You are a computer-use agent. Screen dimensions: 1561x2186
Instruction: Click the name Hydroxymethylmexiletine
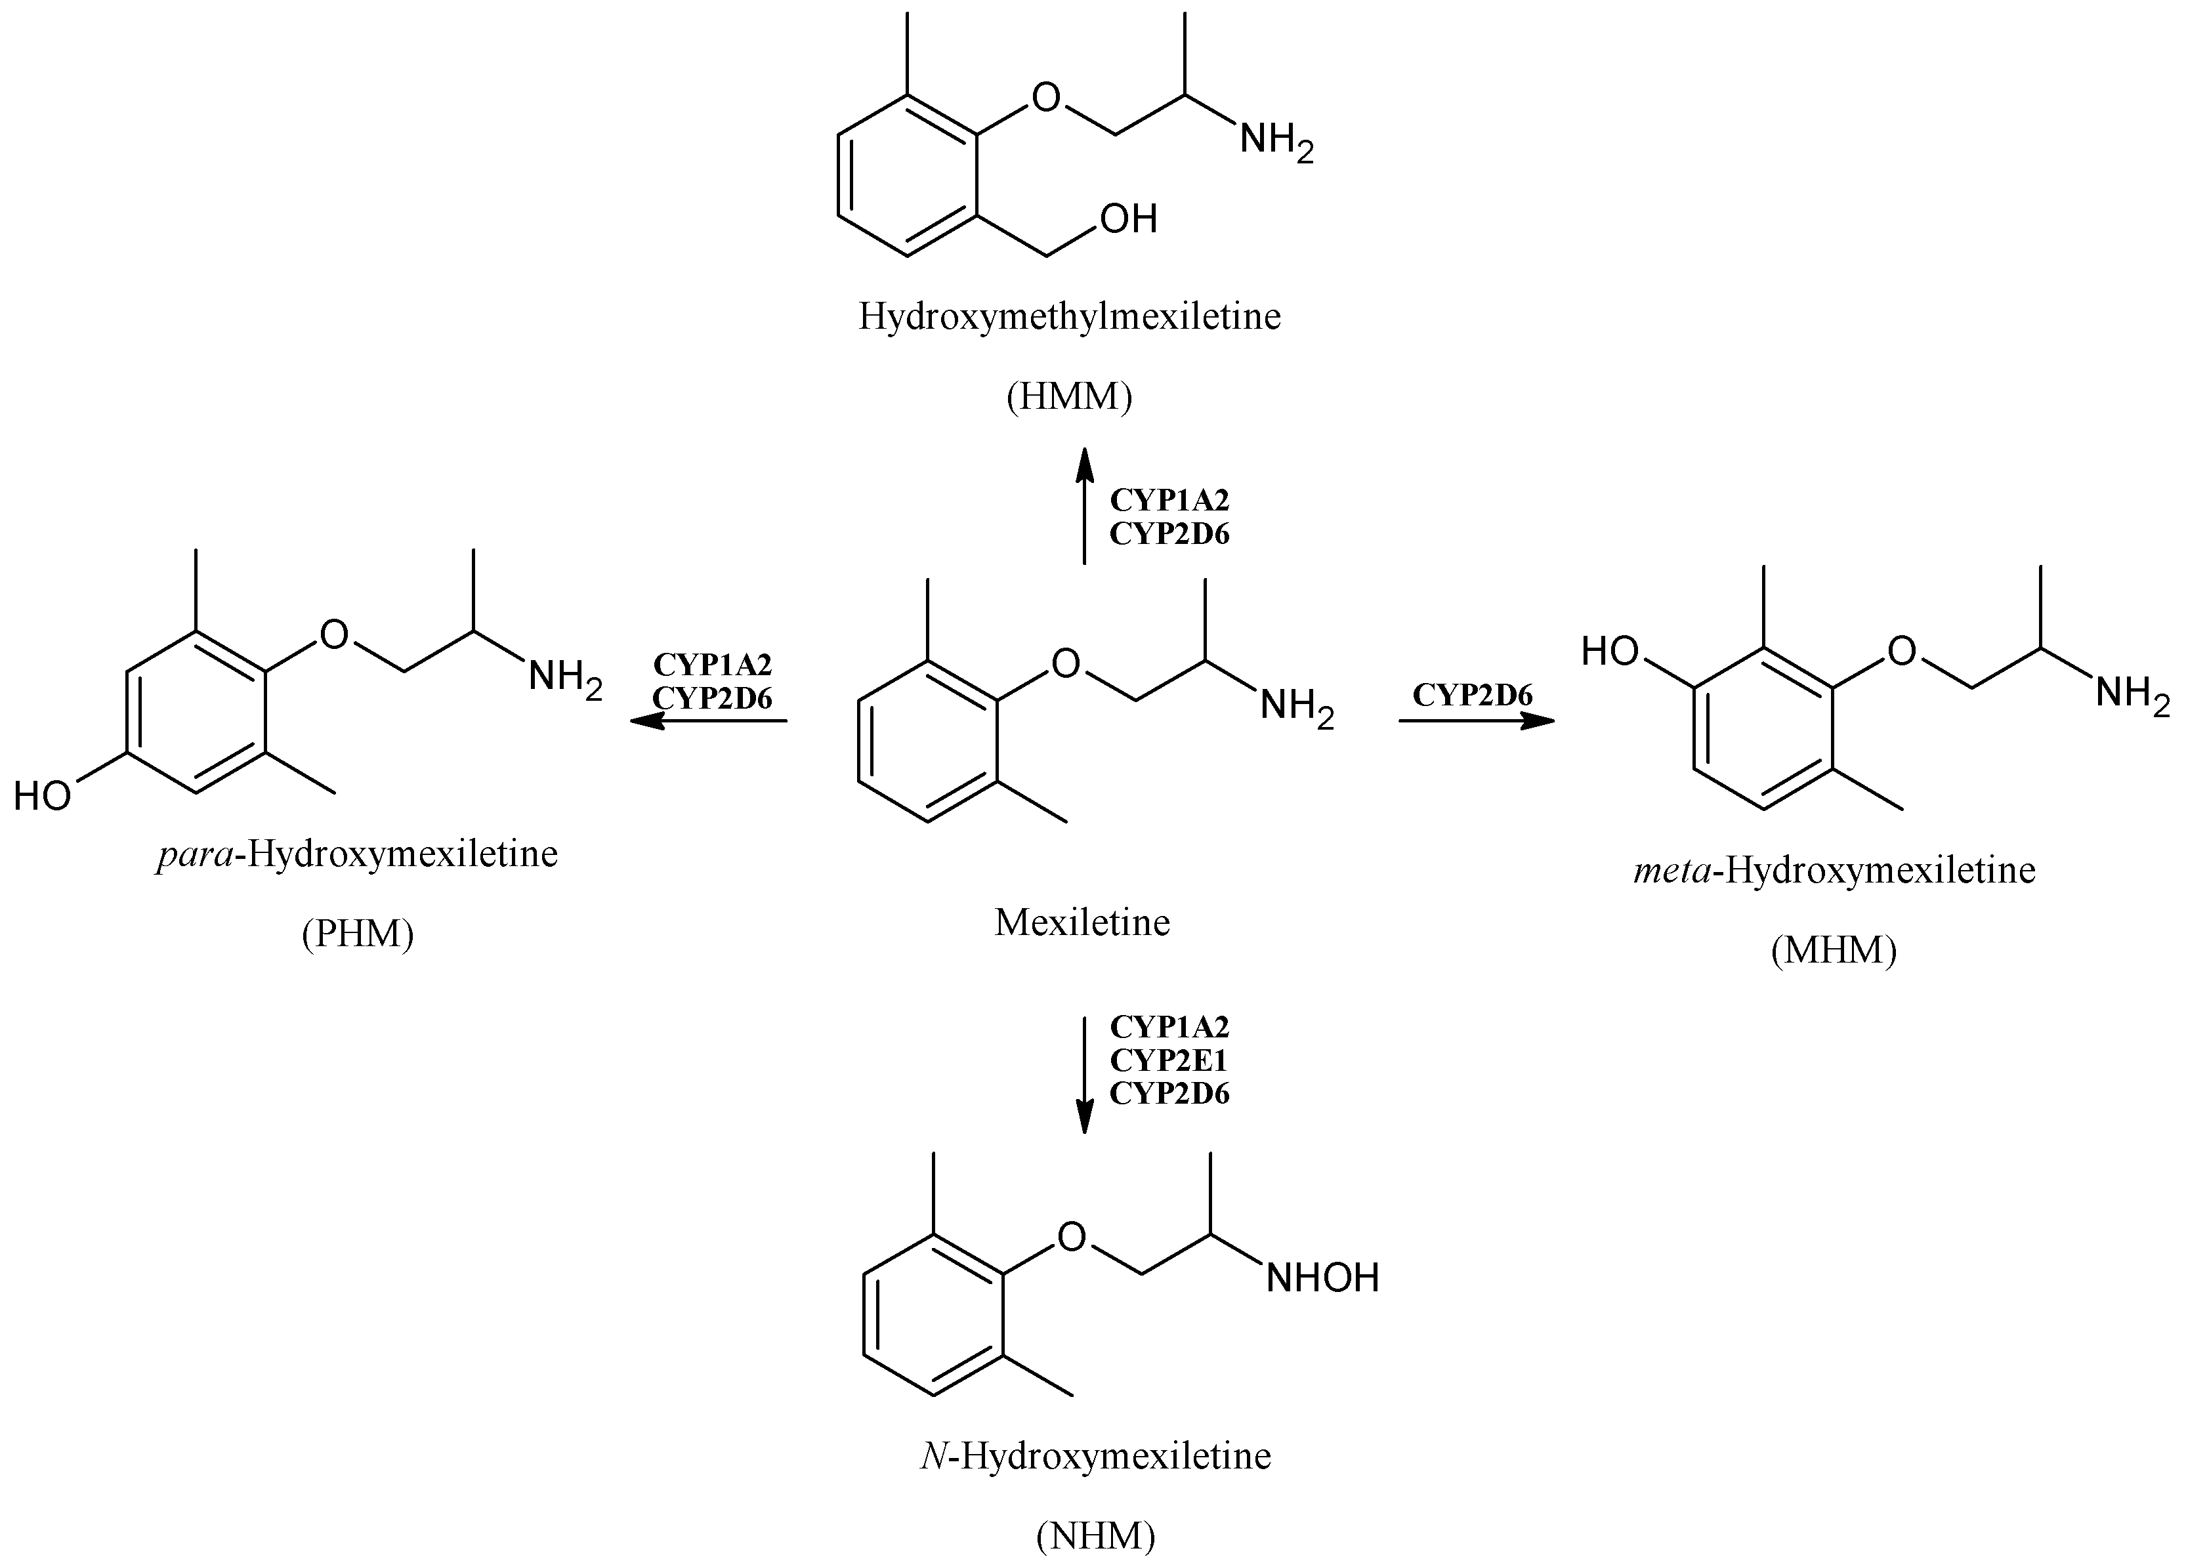point(1069,317)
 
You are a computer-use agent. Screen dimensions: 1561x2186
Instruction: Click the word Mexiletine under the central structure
point(1082,923)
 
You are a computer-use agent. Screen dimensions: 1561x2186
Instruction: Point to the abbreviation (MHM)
point(1833,951)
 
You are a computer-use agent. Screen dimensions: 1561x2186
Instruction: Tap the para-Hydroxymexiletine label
point(358,854)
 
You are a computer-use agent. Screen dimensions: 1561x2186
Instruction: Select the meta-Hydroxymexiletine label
point(1833,871)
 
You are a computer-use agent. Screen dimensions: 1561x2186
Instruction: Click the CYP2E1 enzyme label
point(1169,1060)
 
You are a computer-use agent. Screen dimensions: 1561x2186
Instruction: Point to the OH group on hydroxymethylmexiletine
point(1129,219)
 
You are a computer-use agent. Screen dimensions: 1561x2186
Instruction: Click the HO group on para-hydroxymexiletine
point(42,796)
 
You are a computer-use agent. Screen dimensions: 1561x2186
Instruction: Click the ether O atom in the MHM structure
point(1901,652)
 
